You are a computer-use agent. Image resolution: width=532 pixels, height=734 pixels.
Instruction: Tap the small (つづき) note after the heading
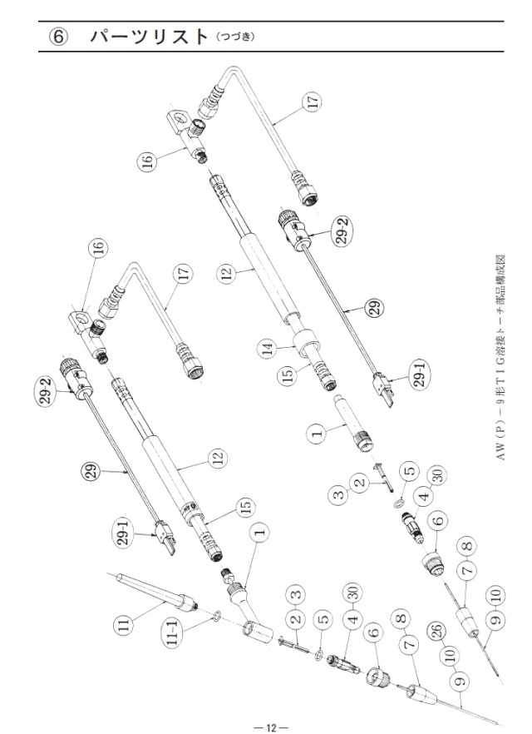click(x=235, y=37)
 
